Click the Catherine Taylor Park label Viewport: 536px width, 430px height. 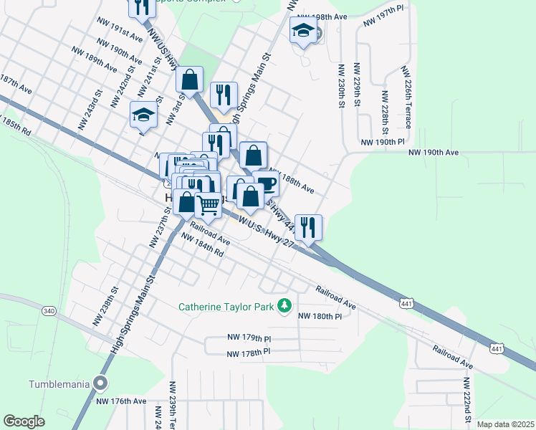227,307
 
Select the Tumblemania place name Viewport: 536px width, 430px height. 59,383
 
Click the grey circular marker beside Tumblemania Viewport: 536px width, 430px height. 101,383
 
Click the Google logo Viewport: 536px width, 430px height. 24,421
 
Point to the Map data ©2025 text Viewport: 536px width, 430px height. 504,424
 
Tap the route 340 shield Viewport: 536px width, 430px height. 49,311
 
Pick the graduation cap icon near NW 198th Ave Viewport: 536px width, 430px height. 303,30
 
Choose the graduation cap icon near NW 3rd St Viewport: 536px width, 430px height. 143,114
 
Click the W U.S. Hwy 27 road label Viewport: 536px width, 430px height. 267,234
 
